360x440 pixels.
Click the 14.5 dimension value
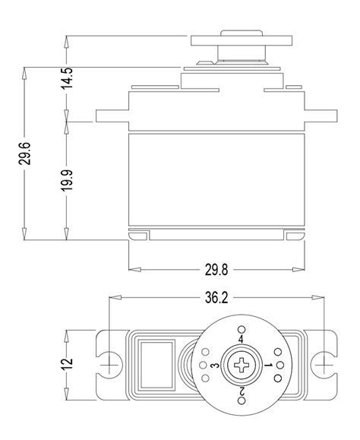coord(68,79)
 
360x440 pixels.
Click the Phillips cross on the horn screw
coord(242,366)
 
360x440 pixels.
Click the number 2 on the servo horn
coord(242,392)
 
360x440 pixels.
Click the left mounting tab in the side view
coord(111,116)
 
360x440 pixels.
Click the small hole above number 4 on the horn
coord(242,328)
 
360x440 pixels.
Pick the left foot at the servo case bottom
coord(138,235)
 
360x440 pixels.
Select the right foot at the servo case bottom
coord(296,235)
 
